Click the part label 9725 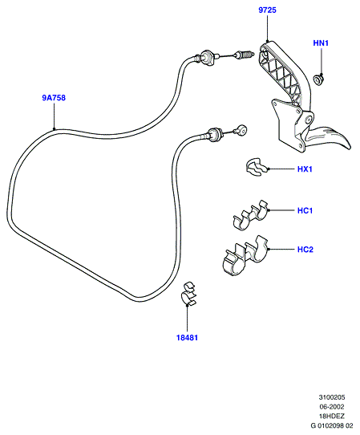tap(267, 10)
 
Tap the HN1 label tap(321, 43)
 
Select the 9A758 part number tap(54, 98)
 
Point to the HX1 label tap(305, 169)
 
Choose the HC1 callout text tap(305, 210)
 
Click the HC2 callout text tap(305, 250)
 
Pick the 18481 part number tap(188, 338)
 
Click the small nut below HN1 tap(318, 79)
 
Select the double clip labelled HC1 tap(250, 215)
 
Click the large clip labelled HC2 tap(245, 257)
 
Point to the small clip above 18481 tap(188, 294)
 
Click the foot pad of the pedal tap(330, 137)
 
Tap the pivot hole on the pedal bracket tap(309, 120)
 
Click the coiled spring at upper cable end tap(244, 55)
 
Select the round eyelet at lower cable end tap(241, 130)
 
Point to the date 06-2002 tap(332, 407)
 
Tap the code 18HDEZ tap(332, 416)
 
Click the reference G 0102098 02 tap(332, 425)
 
